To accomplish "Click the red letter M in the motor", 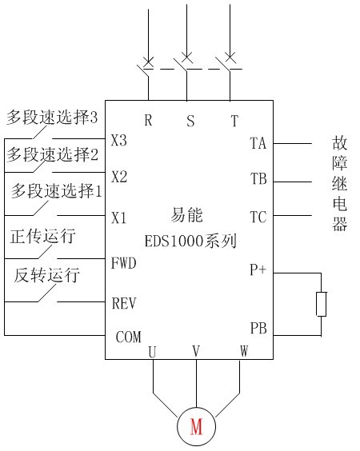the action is click(x=196, y=426).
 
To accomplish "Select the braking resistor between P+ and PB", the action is click(x=321, y=304).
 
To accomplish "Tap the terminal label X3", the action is click(x=119, y=141).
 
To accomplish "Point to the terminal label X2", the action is click(x=119, y=176).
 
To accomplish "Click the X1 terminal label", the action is click(x=119, y=218).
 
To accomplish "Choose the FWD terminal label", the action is click(x=124, y=263).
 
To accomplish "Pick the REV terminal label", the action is click(x=124, y=303).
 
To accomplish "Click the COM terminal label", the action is click(x=128, y=337).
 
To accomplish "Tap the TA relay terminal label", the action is click(x=258, y=143).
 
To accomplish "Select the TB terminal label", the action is click(x=258, y=179).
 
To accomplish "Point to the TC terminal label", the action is click(x=258, y=218).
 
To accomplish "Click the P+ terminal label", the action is click(x=258, y=269).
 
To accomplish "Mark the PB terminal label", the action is click(x=258, y=328).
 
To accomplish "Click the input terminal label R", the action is click(x=148, y=120).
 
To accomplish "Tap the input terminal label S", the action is click(x=190, y=121).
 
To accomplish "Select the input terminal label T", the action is click(x=234, y=121).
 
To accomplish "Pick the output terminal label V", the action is click(x=196, y=351).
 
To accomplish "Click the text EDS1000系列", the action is click(x=190, y=241).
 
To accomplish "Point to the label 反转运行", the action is click(x=47, y=275).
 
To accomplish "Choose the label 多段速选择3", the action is click(x=52, y=118).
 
